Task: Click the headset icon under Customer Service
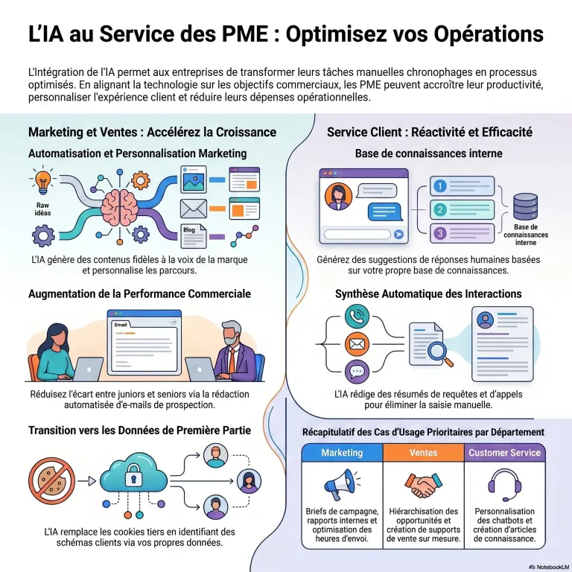(x=505, y=485)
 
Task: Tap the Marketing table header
(x=342, y=453)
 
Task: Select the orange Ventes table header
(x=423, y=453)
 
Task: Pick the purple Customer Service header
(x=505, y=453)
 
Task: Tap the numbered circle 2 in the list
(x=440, y=210)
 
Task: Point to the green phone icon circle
(x=357, y=316)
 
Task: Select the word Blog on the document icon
(x=189, y=230)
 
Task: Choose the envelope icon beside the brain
(x=192, y=207)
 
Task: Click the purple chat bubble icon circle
(x=357, y=370)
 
